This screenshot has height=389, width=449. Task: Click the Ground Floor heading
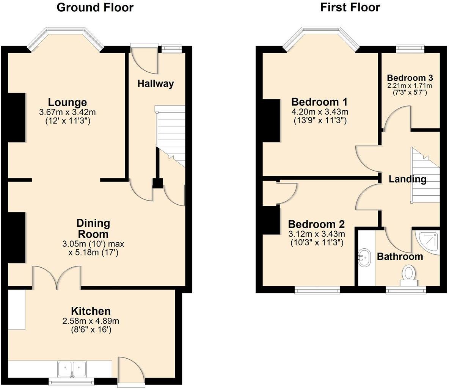coord(95,8)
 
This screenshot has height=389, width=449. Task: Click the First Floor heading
coord(350,8)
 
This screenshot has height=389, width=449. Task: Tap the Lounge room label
coord(67,102)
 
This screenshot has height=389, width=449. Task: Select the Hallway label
coord(155,83)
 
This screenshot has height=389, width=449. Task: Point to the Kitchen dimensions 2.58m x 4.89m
coord(91,321)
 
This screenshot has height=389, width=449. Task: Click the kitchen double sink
coord(72,369)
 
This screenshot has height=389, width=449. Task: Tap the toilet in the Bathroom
coord(409,275)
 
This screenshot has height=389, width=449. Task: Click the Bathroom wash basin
coord(364,257)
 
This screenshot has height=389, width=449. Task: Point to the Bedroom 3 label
coord(410,78)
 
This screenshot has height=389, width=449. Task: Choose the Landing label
coord(408,179)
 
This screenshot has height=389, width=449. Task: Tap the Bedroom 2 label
coord(316,224)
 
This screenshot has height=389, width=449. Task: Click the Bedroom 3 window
coord(410,49)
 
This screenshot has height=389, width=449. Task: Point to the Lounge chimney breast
coord(16,118)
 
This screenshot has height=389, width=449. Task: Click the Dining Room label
coord(93,228)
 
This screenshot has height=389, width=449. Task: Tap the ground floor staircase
coord(170,136)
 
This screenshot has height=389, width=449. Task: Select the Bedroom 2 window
coord(317,290)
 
